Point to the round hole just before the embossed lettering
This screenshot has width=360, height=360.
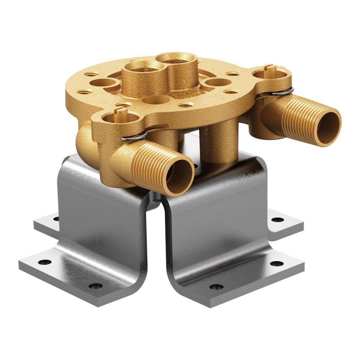(158, 99)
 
